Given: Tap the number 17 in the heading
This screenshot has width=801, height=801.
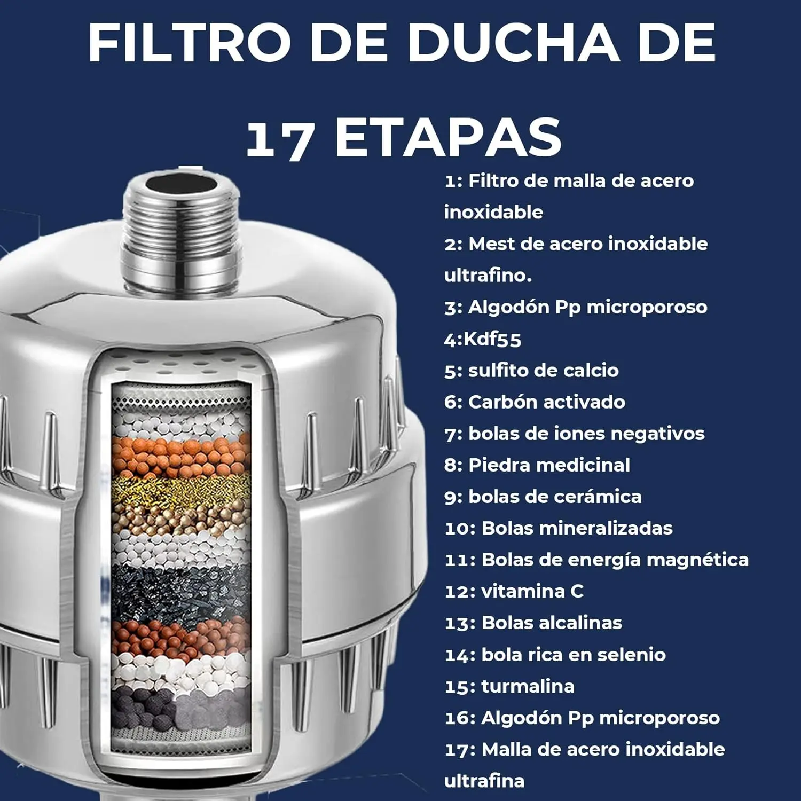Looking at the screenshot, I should (279, 139).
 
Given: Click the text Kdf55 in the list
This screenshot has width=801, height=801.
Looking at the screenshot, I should (492, 339).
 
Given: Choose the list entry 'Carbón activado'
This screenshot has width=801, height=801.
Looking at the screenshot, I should (546, 402).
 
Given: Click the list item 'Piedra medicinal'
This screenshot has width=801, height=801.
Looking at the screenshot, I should (548, 465).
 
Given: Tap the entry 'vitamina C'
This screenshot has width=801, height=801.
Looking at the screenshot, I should (532, 591).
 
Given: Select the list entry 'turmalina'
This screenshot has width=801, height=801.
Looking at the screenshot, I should (528, 686).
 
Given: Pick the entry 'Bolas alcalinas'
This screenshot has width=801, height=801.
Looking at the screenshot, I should (551, 623).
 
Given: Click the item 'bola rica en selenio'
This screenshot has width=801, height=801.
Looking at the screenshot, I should (573, 655).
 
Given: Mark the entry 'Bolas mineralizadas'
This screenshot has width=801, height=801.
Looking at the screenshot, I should (577, 528).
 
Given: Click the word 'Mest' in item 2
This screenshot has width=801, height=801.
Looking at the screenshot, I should (491, 244).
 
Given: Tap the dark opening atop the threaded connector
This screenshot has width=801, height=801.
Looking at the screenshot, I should (182, 184).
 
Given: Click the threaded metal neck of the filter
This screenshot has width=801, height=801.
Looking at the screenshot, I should (182, 235).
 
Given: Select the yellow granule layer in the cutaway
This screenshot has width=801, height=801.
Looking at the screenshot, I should (180, 489).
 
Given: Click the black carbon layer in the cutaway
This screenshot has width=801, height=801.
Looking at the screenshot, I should (180, 590).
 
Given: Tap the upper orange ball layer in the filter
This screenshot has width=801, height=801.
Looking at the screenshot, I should (180, 454).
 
